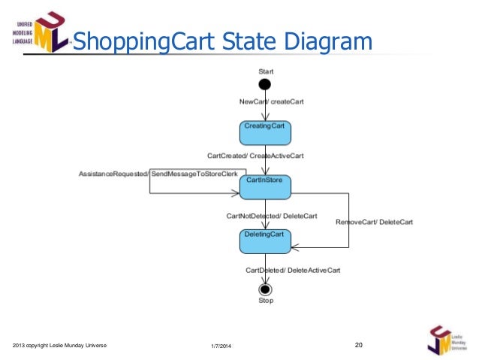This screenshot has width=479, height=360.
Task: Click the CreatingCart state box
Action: click(264, 132)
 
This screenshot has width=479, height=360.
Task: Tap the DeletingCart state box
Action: click(264, 241)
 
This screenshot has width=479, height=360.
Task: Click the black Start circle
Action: click(264, 84)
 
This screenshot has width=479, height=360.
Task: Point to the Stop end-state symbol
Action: click(264, 289)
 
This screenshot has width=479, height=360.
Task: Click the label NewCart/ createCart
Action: click(271, 101)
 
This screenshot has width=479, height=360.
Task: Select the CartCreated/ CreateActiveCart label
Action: click(255, 156)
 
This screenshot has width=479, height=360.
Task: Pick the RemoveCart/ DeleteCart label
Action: click(374, 222)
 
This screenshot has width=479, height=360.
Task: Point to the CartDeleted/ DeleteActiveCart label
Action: click(293, 270)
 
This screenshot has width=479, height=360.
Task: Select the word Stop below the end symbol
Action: click(266, 301)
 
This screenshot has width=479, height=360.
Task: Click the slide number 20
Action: click(358, 344)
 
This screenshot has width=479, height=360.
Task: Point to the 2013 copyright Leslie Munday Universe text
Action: click(60, 345)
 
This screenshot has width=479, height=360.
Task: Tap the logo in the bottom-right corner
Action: click(445, 340)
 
